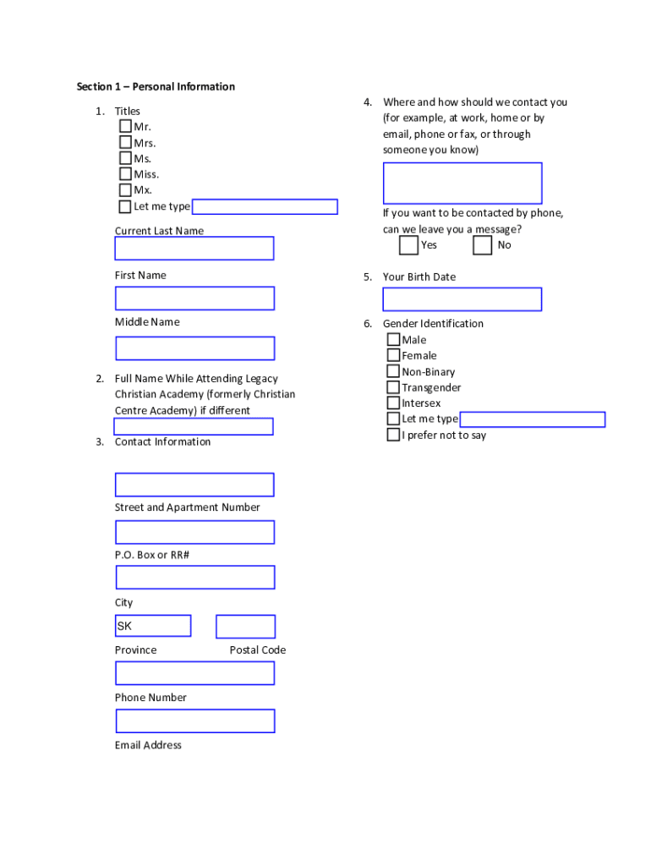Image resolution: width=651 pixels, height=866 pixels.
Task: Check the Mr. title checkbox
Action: point(125,127)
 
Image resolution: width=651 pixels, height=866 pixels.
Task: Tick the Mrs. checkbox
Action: point(125,143)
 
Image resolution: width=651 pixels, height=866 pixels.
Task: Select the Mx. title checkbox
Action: point(125,190)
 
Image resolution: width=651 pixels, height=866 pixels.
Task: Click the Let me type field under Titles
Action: point(265,207)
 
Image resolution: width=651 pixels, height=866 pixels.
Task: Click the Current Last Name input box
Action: point(194,249)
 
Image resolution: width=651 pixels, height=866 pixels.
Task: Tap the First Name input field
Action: point(194,299)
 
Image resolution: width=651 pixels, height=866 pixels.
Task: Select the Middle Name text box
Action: point(194,348)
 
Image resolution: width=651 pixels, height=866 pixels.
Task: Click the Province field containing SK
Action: point(153,627)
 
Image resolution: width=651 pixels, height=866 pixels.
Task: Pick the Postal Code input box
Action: point(245,627)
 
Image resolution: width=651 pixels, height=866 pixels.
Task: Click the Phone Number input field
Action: point(194,673)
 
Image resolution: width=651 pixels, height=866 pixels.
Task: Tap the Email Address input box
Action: point(194,721)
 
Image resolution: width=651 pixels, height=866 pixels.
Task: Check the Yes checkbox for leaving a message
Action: point(408,245)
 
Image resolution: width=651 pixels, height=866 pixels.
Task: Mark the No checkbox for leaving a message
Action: point(482,245)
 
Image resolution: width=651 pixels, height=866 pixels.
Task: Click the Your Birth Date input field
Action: point(462,299)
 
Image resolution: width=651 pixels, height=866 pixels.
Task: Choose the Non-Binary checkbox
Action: point(393,371)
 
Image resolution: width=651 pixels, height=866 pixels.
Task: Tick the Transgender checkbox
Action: point(393,387)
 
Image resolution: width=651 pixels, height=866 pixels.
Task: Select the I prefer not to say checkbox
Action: point(393,435)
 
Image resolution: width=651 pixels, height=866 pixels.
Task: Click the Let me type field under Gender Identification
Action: point(533,419)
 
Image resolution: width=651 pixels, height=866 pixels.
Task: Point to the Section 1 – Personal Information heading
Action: point(156,86)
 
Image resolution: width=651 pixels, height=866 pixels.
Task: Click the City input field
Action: point(194,578)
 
